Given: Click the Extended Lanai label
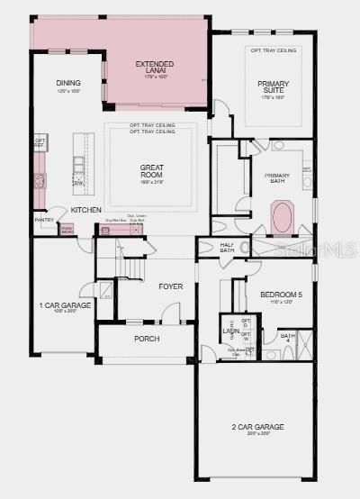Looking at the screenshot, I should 155,65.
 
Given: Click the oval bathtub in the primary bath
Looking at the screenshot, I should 282,220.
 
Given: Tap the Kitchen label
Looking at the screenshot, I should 86,210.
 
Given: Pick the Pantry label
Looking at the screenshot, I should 44,220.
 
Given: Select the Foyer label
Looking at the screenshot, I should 171,286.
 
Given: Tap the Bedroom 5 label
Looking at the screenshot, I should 277,295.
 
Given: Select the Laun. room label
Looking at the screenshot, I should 231,331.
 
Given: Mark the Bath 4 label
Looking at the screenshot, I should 287,338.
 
